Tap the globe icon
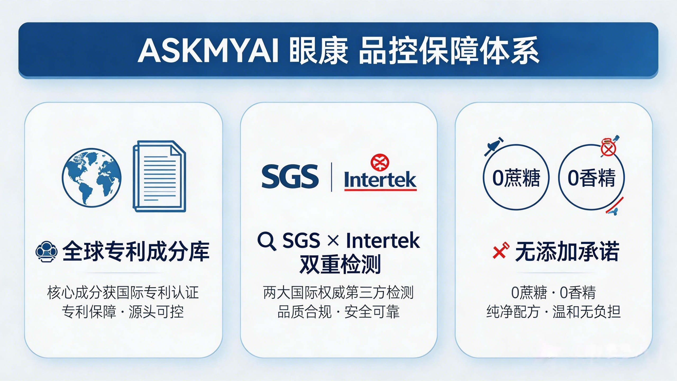pos(92,177)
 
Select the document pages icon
pos(159,176)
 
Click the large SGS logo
pos(290,176)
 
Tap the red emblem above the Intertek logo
pos(380,162)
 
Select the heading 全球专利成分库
pos(136,251)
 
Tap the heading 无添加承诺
pos(567,251)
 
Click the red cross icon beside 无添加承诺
pos(501,250)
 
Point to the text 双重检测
pos(340,264)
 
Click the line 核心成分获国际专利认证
pos(123,293)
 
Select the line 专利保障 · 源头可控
pos(123,312)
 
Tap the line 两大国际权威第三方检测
pos(338,293)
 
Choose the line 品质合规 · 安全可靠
pos(338,312)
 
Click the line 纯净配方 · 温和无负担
pos(554,312)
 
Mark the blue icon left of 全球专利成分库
pos(47,251)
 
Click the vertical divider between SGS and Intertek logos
pos(331,177)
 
